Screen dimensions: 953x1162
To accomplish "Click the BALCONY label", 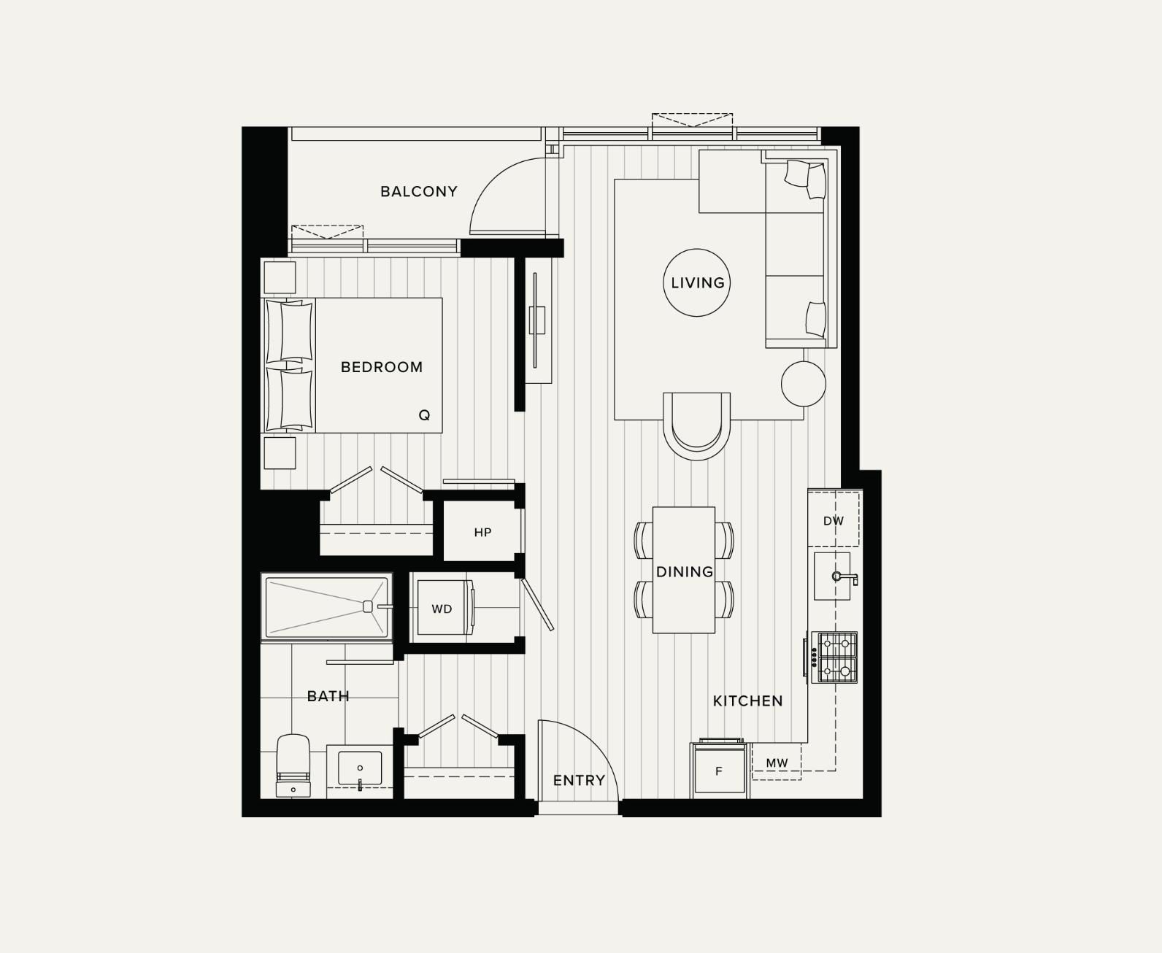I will pyautogui.click(x=419, y=192).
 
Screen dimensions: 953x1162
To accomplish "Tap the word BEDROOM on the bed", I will pyautogui.click(x=382, y=367).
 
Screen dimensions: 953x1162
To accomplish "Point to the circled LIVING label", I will pyautogui.click(x=697, y=282).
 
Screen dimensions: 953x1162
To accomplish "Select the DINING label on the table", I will pyautogui.click(x=684, y=572).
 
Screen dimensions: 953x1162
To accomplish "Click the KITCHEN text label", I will pyautogui.click(x=747, y=701).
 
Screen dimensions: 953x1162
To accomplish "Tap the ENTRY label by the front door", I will pyautogui.click(x=579, y=781).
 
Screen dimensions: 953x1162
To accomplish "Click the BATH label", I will pyautogui.click(x=328, y=696).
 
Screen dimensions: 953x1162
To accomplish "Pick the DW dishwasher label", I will pyautogui.click(x=833, y=521).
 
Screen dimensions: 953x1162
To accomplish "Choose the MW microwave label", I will pyautogui.click(x=777, y=763).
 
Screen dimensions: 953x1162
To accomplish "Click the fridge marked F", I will pyautogui.click(x=719, y=771).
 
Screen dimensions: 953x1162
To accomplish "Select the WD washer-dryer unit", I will pyautogui.click(x=442, y=609).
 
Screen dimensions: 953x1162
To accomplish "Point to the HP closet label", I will pyautogui.click(x=482, y=533).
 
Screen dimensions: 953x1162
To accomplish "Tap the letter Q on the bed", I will pyautogui.click(x=424, y=415).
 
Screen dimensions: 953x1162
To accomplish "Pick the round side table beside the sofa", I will pyautogui.click(x=803, y=383).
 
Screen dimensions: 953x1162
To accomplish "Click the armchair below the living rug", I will pyautogui.click(x=696, y=425).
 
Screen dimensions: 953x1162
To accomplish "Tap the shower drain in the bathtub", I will pyautogui.click(x=368, y=606).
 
